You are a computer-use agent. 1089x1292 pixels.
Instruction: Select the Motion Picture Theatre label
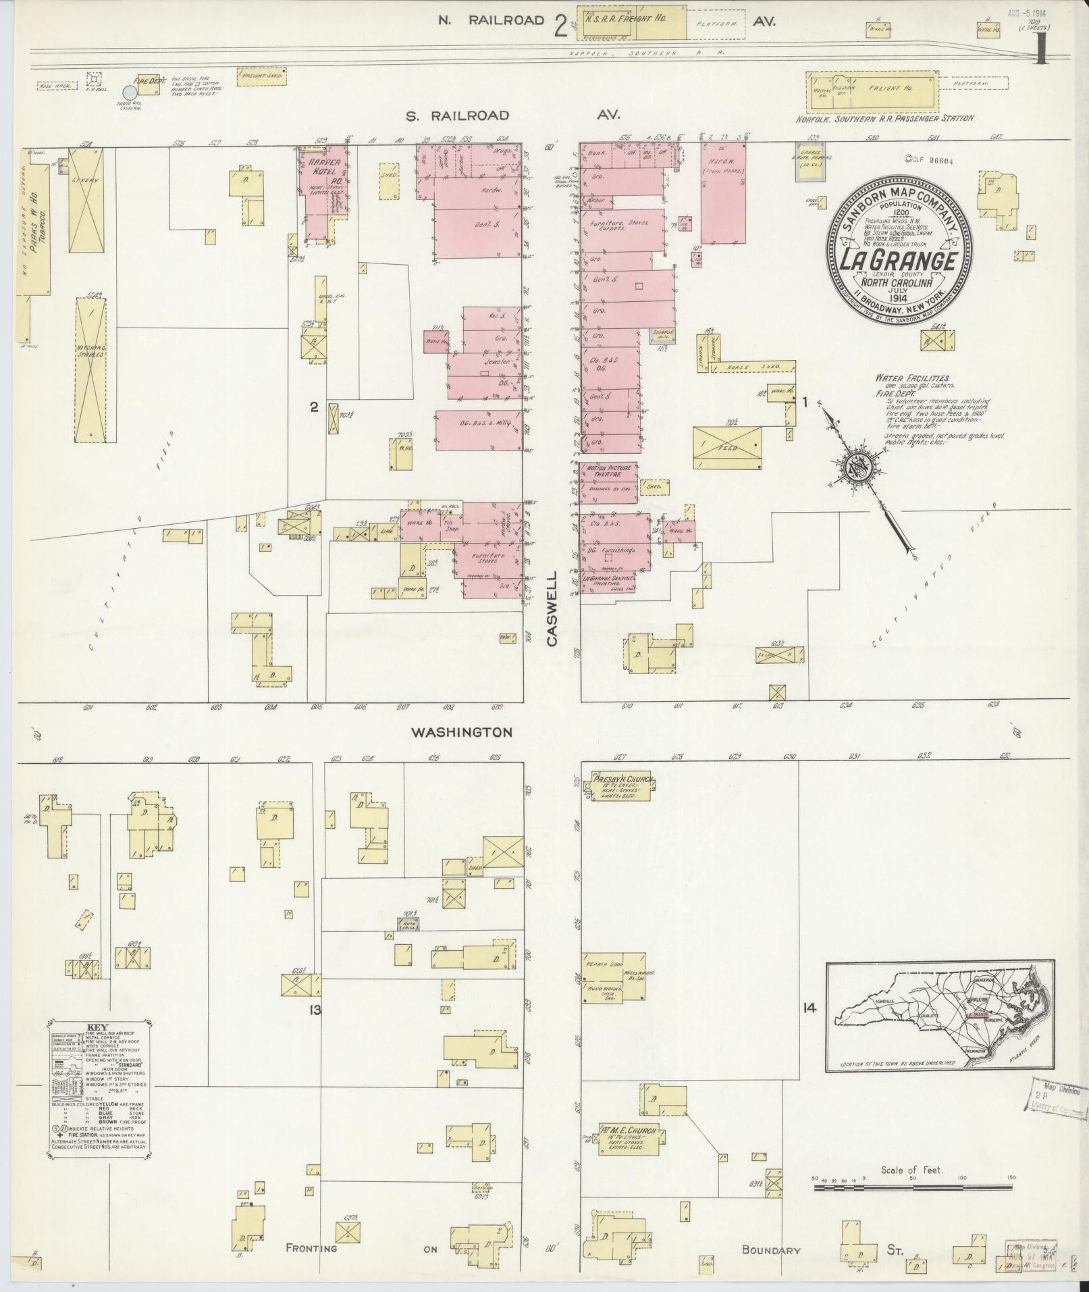[608, 471]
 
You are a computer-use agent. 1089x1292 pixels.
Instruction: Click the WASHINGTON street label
[462, 732]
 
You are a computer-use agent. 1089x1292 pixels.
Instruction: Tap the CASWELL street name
[552, 610]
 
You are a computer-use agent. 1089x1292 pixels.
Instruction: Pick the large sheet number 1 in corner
[1041, 49]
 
